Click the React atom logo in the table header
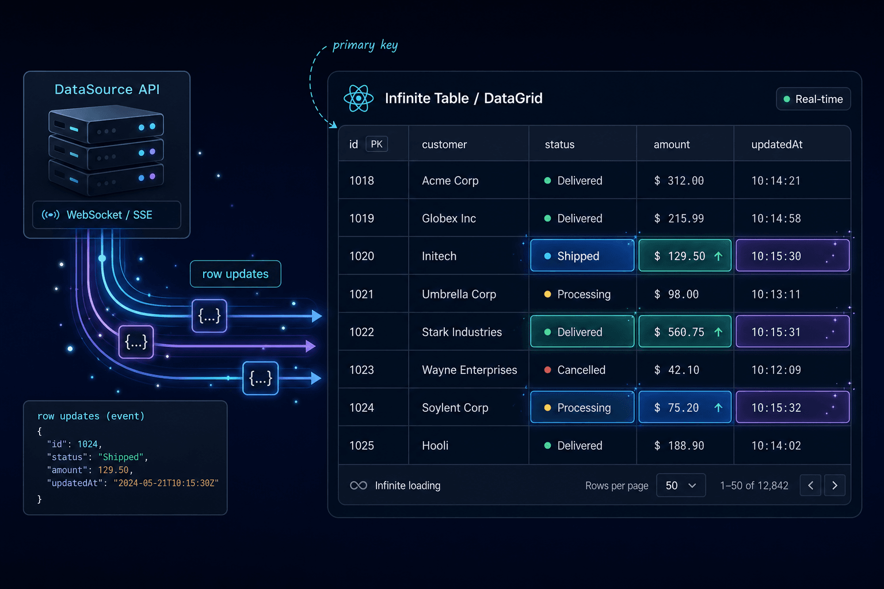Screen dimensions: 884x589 point(359,98)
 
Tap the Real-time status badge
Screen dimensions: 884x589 point(813,99)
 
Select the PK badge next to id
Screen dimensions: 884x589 point(376,144)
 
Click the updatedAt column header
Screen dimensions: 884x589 point(776,144)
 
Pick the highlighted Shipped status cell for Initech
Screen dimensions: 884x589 point(582,255)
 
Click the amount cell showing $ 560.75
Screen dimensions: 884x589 point(685,332)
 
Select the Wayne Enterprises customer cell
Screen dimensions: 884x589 point(469,370)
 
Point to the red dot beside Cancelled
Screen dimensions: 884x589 point(547,370)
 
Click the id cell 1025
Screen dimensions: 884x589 point(361,445)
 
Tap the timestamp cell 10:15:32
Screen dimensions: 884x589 point(792,407)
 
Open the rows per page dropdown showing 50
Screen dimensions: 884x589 point(681,485)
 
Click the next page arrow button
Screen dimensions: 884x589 point(835,485)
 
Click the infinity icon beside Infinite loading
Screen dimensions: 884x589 point(359,485)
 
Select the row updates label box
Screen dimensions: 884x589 point(235,274)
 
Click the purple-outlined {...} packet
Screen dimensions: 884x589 point(136,342)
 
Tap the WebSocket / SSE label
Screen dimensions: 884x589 point(109,215)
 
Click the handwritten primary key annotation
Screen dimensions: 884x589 point(365,45)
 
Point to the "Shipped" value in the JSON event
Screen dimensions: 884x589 point(121,457)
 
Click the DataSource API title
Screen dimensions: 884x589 point(107,90)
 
